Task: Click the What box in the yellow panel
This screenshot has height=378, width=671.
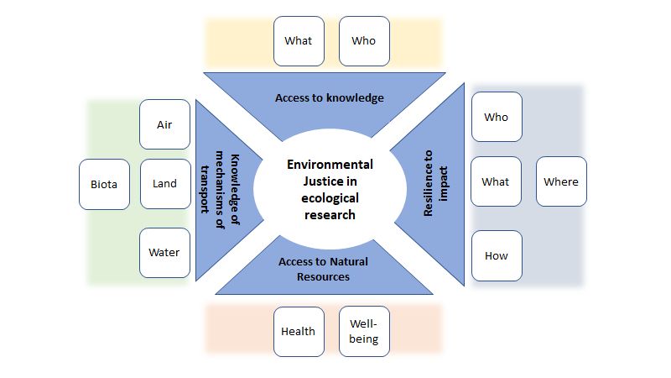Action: coord(299,40)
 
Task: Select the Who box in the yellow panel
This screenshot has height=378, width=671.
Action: coord(364,40)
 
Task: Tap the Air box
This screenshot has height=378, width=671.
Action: coord(164,124)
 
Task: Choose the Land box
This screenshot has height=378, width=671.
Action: coord(164,183)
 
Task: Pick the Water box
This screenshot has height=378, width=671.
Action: coord(164,252)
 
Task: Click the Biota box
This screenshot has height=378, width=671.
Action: coord(105,183)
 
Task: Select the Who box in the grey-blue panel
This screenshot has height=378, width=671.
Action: coord(496,117)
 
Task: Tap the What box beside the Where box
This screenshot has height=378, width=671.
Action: coord(496,181)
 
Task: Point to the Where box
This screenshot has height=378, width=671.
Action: coord(561,181)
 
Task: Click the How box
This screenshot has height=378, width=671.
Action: coord(496,255)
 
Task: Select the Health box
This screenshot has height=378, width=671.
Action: coord(299,331)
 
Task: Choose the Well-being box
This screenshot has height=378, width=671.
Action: coord(364,331)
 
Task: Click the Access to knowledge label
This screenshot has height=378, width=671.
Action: coord(329,98)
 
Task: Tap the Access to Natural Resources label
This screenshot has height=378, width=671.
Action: coord(323,268)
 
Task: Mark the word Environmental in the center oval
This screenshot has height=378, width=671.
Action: coord(330,165)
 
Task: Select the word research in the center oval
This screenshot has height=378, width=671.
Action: coord(330,214)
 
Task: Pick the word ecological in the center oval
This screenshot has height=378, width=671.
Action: coord(330,198)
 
